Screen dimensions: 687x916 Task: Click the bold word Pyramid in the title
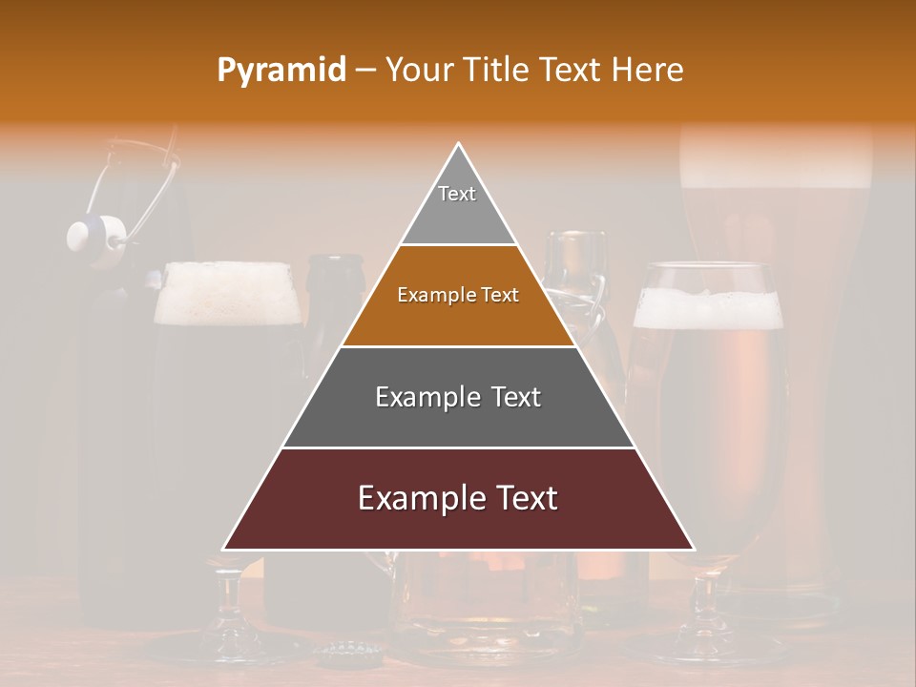click(x=281, y=70)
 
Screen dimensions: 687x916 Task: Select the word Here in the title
click(x=648, y=70)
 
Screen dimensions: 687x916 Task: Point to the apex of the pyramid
click(x=459, y=145)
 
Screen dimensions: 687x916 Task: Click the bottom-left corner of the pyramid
click(x=225, y=549)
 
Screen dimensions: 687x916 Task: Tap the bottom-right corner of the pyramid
click(x=693, y=549)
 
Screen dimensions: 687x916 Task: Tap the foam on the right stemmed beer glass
click(x=707, y=308)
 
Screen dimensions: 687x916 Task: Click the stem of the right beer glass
click(x=706, y=601)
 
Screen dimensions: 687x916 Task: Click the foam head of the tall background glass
click(x=775, y=153)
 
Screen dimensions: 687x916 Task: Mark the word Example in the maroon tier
click(x=414, y=498)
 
